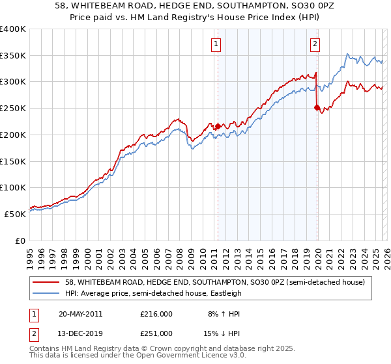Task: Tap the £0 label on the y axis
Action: point(20,240)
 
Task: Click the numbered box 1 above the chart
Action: point(216,44)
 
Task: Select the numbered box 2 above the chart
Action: point(315,44)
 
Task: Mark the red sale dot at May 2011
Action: point(218,126)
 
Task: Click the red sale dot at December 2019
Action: point(317,108)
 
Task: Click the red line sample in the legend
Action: point(46,281)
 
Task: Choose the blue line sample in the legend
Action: point(46,292)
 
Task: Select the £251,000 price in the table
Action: point(156,333)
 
